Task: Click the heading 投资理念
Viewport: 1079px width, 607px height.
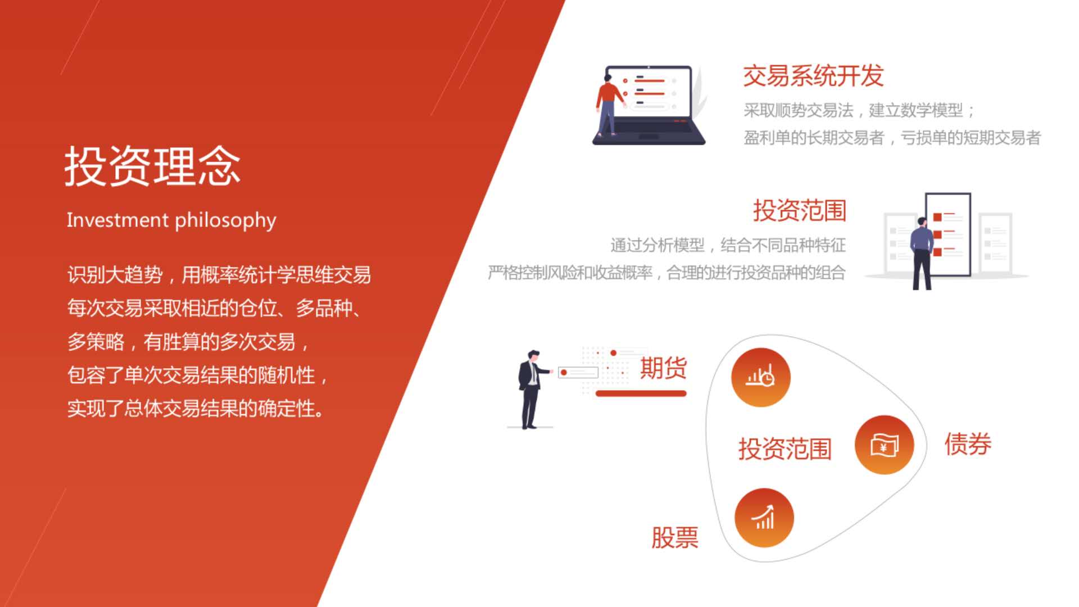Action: coord(152,166)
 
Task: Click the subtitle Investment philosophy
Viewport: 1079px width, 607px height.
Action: coord(171,220)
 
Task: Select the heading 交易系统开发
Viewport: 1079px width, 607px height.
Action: coord(813,76)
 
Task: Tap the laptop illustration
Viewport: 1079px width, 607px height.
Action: coord(649,105)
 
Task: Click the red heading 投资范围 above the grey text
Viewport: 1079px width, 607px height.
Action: coord(800,210)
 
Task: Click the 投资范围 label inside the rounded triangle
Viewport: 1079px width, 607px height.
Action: coord(785,449)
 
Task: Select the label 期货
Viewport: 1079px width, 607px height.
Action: coord(663,368)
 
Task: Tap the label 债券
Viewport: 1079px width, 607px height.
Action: coord(968,444)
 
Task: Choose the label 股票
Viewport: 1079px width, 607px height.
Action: coord(675,537)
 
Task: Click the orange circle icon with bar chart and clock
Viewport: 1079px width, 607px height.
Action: coord(761,377)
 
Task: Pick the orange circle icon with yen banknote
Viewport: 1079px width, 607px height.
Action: coord(884,445)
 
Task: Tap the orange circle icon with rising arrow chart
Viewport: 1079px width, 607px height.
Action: coord(764,518)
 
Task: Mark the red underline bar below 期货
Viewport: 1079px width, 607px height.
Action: coord(641,393)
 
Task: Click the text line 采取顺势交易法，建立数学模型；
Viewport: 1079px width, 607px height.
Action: coord(859,110)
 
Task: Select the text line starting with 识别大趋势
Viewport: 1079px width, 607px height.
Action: coord(219,275)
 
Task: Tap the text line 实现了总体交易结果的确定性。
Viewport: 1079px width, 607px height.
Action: coord(196,409)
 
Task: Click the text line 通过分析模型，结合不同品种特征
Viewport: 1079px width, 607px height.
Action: coord(728,245)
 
